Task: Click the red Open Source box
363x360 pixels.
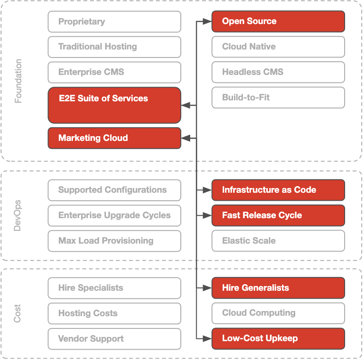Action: (x=278, y=22)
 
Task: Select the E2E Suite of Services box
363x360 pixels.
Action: (x=114, y=105)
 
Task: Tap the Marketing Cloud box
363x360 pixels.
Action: (x=114, y=138)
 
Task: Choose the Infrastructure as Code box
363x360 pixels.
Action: (x=278, y=190)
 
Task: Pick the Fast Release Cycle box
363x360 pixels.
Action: (x=278, y=215)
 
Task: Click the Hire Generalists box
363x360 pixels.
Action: (x=278, y=288)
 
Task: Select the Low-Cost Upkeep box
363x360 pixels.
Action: (x=278, y=339)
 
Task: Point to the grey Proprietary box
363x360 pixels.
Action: (x=114, y=22)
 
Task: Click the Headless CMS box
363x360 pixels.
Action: (x=278, y=72)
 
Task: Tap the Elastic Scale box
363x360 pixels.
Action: (x=278, y=241)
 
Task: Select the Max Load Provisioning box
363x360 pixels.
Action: (x=114, y=241)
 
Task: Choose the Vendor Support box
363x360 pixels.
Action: (x=114, y=339)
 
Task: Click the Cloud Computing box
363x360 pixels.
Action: (x=278, y=313)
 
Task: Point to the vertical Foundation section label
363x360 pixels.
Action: (x=18, y=81)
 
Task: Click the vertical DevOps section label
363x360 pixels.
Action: (x=18, y=215)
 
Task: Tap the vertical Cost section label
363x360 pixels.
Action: (x=18, y=313)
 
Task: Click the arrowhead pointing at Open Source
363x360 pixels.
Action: (x=207, y=22)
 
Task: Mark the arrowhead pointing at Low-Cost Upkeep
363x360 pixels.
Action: (x=207, y=339)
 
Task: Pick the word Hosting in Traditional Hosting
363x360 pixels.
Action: (x=121, y=47)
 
